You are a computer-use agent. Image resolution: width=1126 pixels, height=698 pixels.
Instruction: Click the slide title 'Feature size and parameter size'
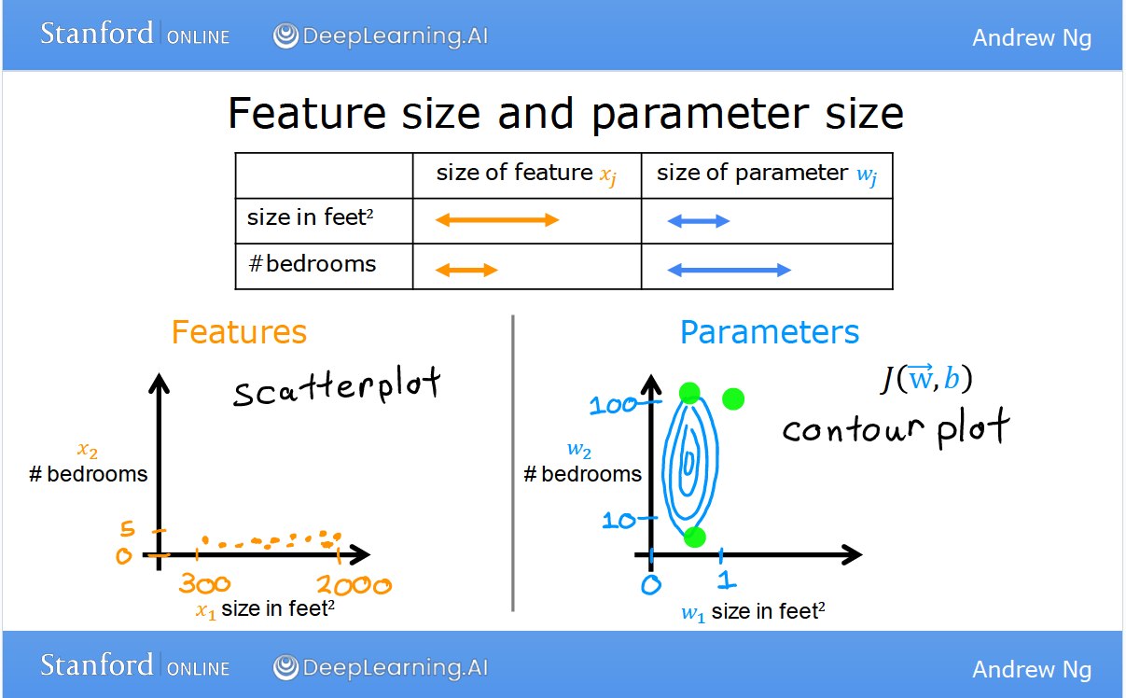coord(566,114)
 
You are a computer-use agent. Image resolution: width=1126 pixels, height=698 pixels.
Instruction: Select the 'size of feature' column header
coord(526,174)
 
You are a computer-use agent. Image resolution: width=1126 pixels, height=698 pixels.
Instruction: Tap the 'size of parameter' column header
coord(767,174)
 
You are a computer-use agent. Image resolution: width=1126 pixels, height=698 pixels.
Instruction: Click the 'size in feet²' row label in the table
coord(310,217)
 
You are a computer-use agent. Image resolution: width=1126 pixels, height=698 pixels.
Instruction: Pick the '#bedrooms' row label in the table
coord(313,264)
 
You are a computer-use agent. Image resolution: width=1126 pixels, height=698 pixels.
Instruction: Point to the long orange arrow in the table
coord(497,220)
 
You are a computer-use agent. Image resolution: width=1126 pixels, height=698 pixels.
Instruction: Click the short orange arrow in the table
coord(466,270)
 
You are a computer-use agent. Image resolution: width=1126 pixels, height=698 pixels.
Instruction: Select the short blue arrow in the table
coord(698,221)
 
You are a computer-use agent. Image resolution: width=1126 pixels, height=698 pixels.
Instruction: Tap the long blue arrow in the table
coord(729,270)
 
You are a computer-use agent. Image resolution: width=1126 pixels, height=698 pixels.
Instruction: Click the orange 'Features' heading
coord(239,332)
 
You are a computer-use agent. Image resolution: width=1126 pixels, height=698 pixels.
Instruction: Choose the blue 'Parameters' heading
coord(770,332)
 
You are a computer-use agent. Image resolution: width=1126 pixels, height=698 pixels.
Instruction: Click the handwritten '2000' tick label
coord(354,585)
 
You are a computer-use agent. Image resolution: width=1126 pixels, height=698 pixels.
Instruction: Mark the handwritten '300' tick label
coord(204,583)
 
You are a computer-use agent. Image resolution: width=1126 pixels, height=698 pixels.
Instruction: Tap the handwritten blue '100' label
coord(613,405)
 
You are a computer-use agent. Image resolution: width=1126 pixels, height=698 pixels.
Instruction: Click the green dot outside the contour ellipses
coord(733,399)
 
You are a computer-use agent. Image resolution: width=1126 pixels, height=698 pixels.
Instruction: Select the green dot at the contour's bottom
coord(695,537)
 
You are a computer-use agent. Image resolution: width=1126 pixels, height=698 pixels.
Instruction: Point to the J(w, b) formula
coord(927,378)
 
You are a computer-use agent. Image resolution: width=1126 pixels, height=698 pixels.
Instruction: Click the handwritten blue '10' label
coord(619,521)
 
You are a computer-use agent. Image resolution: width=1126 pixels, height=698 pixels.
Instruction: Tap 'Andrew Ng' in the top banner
coord(1032,37)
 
